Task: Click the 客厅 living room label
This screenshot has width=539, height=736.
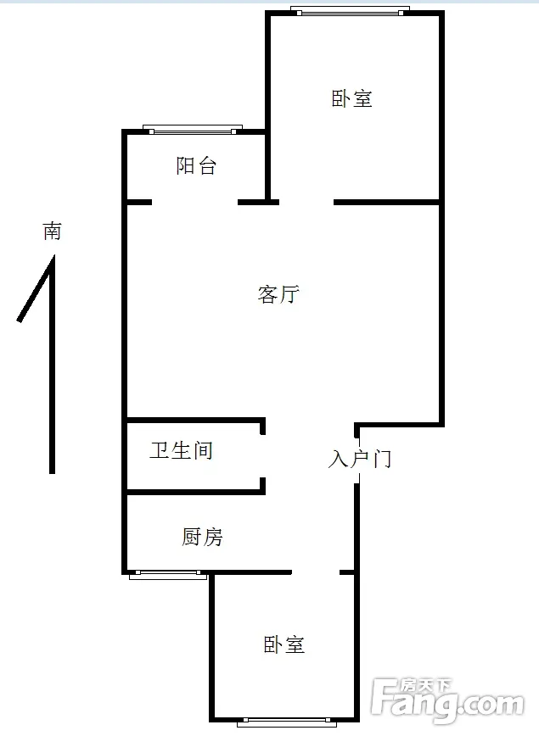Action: click(x=278, y=294)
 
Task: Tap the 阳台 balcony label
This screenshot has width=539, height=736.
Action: click(x=196, y=165)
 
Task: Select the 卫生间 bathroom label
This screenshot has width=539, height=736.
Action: click(x=182, y=450)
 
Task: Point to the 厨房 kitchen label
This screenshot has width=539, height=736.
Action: click(x=202, y=537)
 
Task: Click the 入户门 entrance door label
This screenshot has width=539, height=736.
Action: click(x=360, y=459)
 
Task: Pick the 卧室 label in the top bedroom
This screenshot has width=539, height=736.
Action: click(x=352, y=98)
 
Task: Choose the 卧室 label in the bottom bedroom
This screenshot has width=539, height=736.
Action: click(x=284, y=645)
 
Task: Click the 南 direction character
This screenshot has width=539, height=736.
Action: click(x=52, y=231)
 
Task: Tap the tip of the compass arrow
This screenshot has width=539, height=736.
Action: click(x=53, y=256)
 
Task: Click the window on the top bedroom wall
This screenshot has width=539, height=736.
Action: click(x=350, y=10)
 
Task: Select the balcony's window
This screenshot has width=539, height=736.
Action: click(x=193, y=130)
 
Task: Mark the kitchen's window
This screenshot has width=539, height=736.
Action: click(x=168, y=575)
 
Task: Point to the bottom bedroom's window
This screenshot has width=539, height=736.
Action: click(x=287, y=722)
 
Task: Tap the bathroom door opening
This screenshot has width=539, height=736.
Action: click(x=262, y=456)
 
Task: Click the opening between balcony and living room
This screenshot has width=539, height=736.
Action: click(x=194, y=203)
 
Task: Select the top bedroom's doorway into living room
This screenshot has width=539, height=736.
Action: click(x=306, y=203)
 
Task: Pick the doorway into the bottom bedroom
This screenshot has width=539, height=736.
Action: click(x=316, y=572)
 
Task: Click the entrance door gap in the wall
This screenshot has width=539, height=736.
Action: click(x=357, y=460)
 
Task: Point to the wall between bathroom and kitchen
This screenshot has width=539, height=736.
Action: click(x=196, y=492)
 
